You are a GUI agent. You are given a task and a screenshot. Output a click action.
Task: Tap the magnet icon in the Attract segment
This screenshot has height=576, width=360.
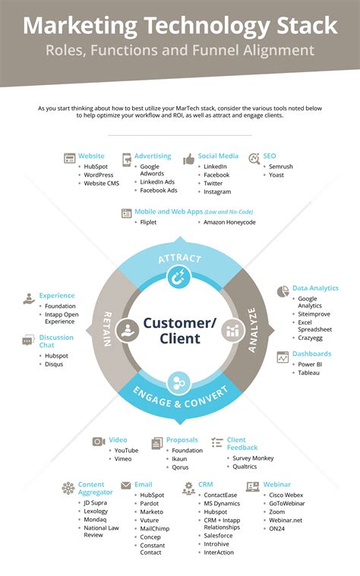tap(179, 276)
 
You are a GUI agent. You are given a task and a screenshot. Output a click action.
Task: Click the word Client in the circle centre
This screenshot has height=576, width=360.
tap(180, 338)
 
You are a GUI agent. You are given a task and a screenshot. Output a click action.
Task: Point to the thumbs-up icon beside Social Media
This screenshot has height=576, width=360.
tap(189, 159)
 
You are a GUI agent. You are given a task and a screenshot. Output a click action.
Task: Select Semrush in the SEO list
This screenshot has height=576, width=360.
tap(281, 166)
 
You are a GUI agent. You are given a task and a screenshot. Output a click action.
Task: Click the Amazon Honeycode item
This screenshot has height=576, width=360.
tap(229, 222)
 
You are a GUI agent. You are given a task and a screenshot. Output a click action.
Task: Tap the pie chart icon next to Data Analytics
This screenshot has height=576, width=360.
tap(283, 291)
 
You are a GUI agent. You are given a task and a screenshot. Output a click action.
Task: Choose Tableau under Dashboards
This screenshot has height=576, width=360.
tap(308, 373)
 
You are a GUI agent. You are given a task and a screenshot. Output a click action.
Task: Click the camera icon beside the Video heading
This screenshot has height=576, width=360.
tap(99, 442)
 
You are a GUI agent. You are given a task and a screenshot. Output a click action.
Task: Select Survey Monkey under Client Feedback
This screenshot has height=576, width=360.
tap(253, 458)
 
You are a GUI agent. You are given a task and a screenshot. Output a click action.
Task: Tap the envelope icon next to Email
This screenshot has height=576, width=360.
tap(126, 486)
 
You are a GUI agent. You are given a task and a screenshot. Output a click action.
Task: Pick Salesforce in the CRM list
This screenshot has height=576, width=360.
tap(218, 536)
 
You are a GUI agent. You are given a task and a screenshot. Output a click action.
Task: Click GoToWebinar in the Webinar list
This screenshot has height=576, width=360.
tap(287, 503)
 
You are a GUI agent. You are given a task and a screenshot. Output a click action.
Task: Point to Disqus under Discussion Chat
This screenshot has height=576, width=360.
tap(54, 364)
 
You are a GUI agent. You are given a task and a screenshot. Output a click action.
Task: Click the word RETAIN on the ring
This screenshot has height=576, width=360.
tap(107, 329)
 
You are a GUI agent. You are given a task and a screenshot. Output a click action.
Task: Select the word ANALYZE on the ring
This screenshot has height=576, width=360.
tap(252, 331)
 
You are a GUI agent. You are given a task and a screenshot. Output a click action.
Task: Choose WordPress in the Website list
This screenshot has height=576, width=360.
tap(99, 175)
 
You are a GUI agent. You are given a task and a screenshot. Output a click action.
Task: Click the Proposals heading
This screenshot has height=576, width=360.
tap(182, 439)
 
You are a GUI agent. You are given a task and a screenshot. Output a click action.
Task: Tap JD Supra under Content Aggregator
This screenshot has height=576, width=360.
tap(95, 503)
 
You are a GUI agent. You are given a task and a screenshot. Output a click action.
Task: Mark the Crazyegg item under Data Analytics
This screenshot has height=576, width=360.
tap(310, 338)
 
